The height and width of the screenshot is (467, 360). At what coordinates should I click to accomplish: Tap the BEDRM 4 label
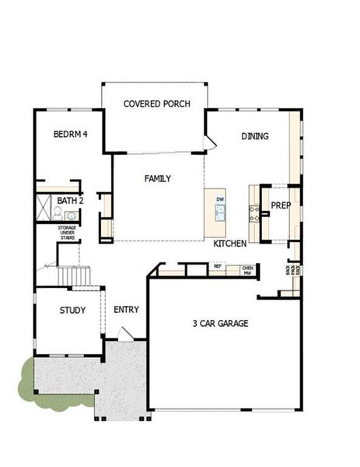[x=70, y=134]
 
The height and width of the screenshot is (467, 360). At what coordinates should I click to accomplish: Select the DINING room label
[x=255, y=136]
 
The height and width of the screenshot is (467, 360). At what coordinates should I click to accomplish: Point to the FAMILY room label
[x=158, y=178]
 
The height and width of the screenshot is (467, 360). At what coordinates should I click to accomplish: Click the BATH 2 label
[x=70, y=201]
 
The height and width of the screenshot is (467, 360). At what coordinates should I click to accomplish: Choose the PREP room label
[x=280, y=206]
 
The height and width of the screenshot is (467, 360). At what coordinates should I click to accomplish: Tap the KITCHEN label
[x=231, y=244]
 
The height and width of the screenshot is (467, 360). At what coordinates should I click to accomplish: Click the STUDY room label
[x=72, y=310]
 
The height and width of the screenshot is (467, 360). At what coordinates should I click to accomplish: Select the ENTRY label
[x=126, y=310]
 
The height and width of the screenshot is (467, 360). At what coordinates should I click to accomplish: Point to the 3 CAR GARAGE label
[x=221, y=323]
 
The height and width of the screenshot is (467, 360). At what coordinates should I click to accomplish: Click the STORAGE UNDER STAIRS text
[x=67, y=233]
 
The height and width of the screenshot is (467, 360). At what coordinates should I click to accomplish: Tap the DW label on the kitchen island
[x=220, y=199]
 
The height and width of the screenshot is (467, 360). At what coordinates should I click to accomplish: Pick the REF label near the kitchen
[x=218, y=266]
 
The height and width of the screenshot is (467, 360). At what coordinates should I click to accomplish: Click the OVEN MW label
[x=247, y=269]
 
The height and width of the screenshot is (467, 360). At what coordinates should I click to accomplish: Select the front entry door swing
[x=126, y=333]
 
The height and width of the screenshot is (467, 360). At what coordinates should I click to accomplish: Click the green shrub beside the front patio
[x=27, y=377]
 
